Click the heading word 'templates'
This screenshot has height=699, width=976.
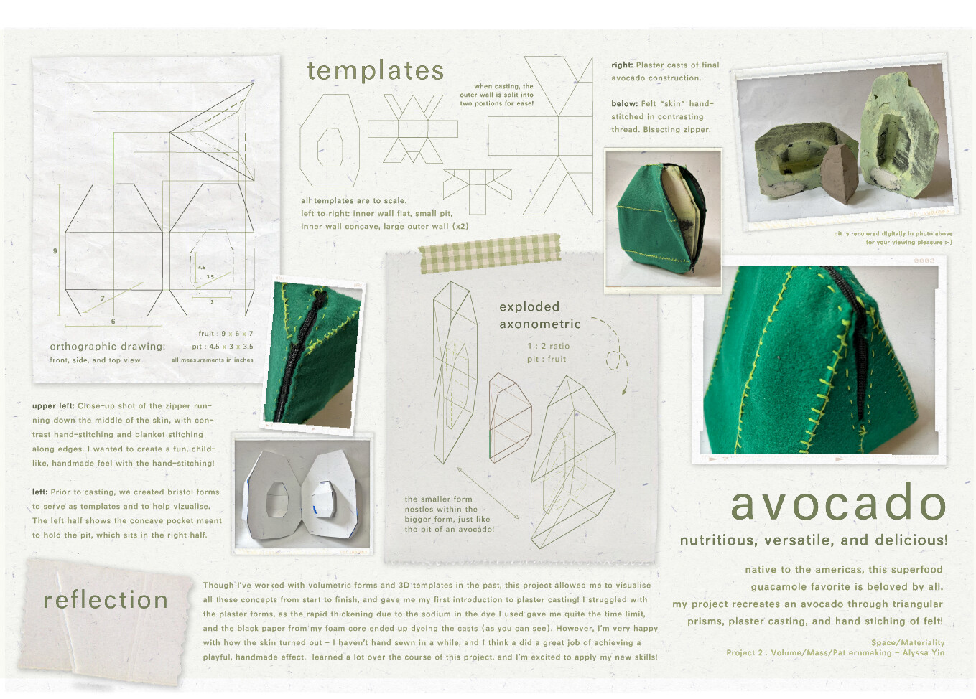pyautogui.click(x=375, y=71)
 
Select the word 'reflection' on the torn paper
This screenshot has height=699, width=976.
pyautogui.click(x=106, y=600)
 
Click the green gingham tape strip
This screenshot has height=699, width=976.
pyautogui.click(x=490, y=253)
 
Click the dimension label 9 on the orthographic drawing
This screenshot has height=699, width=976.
pyautogui.click(x=55, y=251)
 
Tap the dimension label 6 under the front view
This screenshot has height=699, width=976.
pyautogui.click(x=113, y=322)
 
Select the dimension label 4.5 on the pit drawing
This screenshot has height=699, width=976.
pyautogui.click(x=201, y=268)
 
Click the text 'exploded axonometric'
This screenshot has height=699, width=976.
pyautogui.click(x=540, y=315)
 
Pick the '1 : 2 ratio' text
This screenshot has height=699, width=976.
pyautogui.click(x=549, y=346)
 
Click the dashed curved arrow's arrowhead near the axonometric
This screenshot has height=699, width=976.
pyautogui.click(x=624, y=390)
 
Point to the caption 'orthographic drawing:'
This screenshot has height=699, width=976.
pyautogui.click(x=108, y=347)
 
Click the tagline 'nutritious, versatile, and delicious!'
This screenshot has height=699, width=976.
pyautogui.click(x=814, y=540)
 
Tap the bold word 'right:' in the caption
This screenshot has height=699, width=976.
pyautogui.click(x=622, y=65)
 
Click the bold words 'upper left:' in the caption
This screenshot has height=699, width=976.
pyautogui.click(x=53, y=406)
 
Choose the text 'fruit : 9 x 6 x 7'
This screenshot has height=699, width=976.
pyautogui.click(x=226, y=334)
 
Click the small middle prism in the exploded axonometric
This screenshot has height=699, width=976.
pyautogui.click(x=510, y=417)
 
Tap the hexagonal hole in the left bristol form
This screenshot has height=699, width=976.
pyautogui.click(x=277, y=499)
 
